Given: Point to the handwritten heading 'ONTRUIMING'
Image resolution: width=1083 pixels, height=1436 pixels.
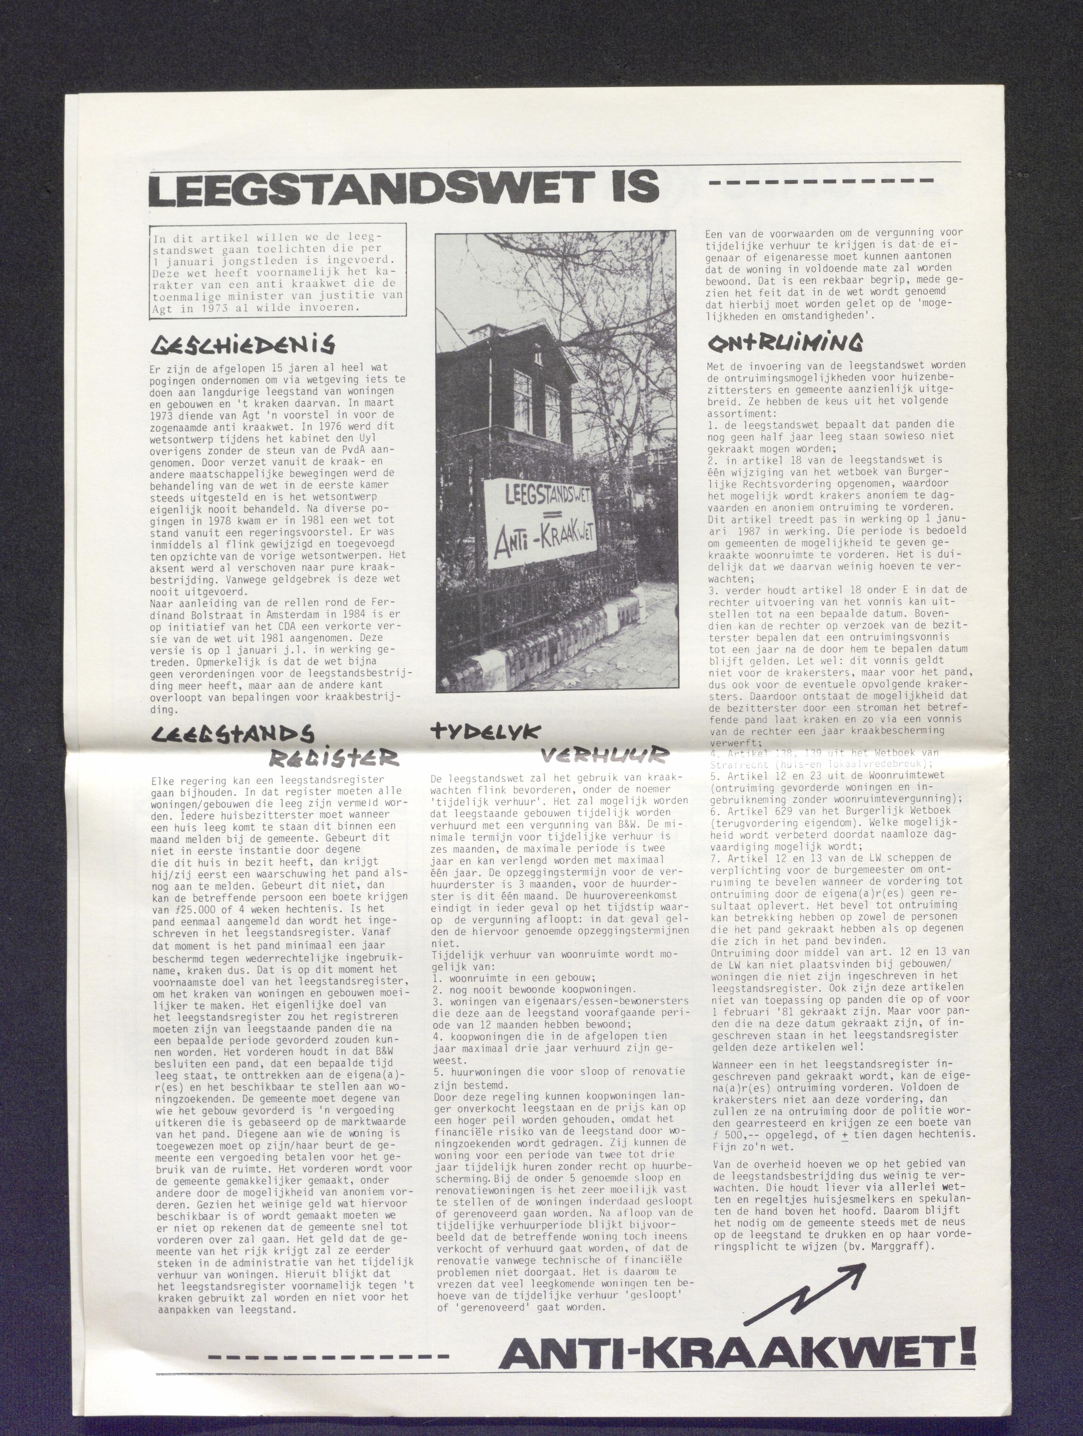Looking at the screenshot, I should (x=785, y=343).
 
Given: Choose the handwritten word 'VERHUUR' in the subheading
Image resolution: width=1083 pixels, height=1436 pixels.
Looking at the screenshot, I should (x=603, y=755).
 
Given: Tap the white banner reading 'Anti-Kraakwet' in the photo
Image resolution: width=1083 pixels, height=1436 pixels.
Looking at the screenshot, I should (x=541, y=524).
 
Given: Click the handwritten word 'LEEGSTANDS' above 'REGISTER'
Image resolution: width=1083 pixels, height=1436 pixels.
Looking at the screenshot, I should (x=232, y=734).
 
